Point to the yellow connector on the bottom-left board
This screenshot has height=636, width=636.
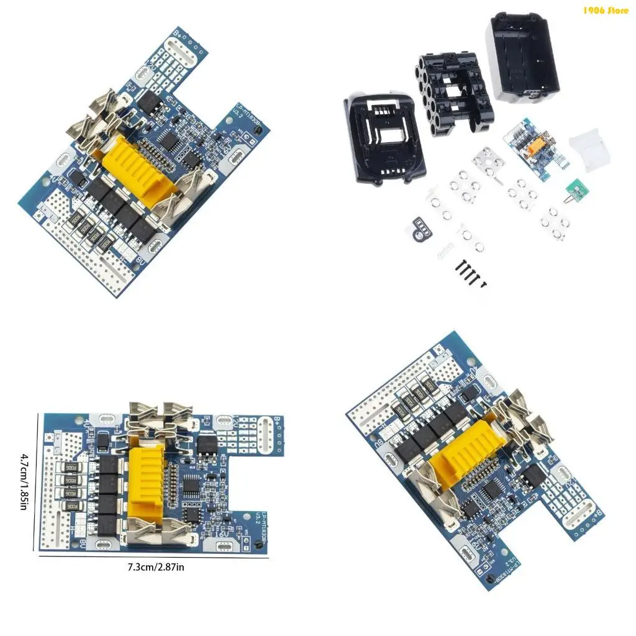tap(146, 475)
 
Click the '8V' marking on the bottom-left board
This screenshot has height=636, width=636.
tap(83, 540)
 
